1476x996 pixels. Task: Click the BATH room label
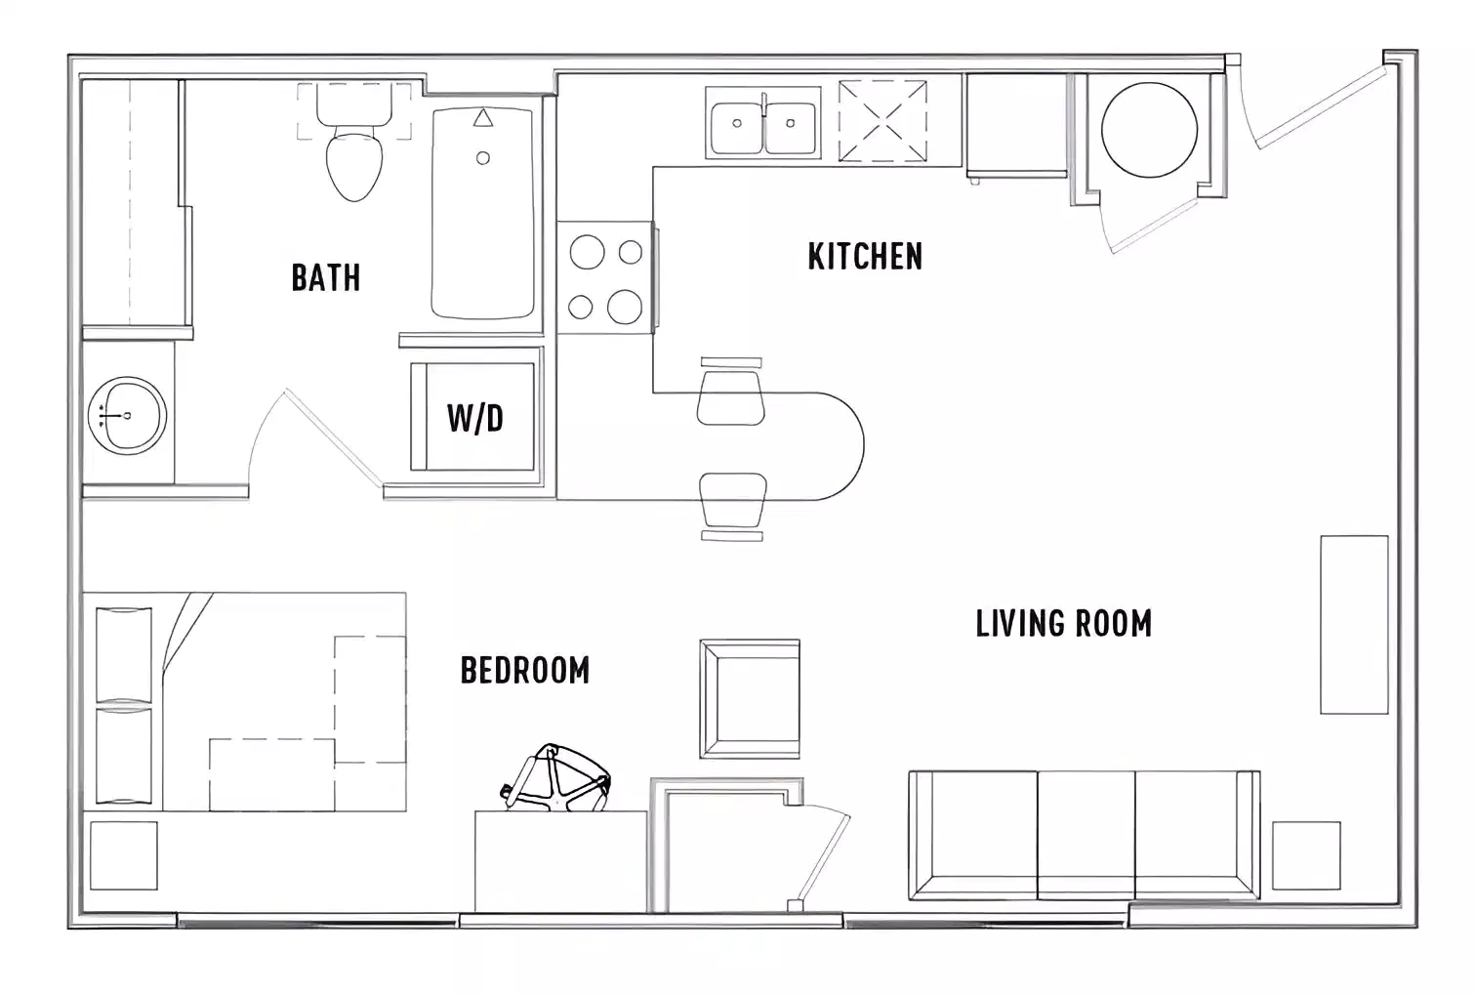(326, 277)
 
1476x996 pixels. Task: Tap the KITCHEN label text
(865, 256)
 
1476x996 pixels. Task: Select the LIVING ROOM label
(1064, 623)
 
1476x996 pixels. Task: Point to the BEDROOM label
(525, 671)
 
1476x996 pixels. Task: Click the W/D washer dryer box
(474, 417)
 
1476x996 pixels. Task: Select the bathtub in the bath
(482, 214)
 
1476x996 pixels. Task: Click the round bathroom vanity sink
(126, 416)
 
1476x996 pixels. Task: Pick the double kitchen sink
(764, 122)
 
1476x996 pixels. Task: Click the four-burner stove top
(605, 279)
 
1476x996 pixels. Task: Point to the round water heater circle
(1149, 130)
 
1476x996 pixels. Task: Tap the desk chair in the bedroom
(556, 779)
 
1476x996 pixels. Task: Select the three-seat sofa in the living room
(1084, 835)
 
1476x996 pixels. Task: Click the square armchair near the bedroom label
(750, 699)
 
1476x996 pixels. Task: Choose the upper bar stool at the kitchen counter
(730, 394)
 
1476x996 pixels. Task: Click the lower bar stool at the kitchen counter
(732, 500)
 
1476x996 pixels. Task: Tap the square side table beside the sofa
(1306, 855)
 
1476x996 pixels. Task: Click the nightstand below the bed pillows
(124, 855)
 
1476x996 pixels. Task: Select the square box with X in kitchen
(882, 121)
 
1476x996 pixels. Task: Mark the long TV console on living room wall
(1354, 625)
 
